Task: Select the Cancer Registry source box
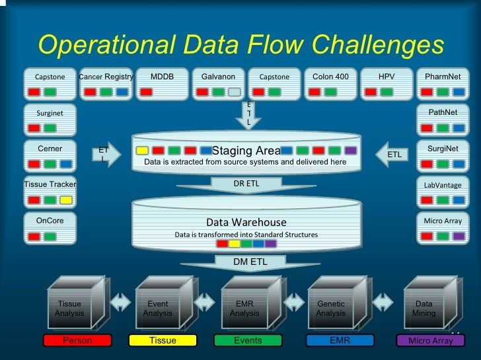pyautogui.click(x=106, y=84)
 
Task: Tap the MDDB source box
pyautogui.click(x=162, y=84)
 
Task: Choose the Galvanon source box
pyautogui.click(x=218, y=84)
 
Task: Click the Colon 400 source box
pyautogui.click(x=330, y=84)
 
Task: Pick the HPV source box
pyautogui.click(x=387, y=84)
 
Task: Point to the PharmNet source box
pyautogui.click(x=443, y=84)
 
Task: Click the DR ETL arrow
pyautogui.click(x=246, y=184)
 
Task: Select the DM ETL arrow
pyautogui.click(x=250, y=263)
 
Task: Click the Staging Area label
pyautogui.click(x=246, y=151)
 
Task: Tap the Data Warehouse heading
pyautogui.click(x=246, y=222)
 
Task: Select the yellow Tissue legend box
pyautogui.click(x=163, y=341)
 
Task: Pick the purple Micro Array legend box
pyautogui.click(x=431, y=341)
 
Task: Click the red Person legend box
pyautogui.click(x=77, y=341)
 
